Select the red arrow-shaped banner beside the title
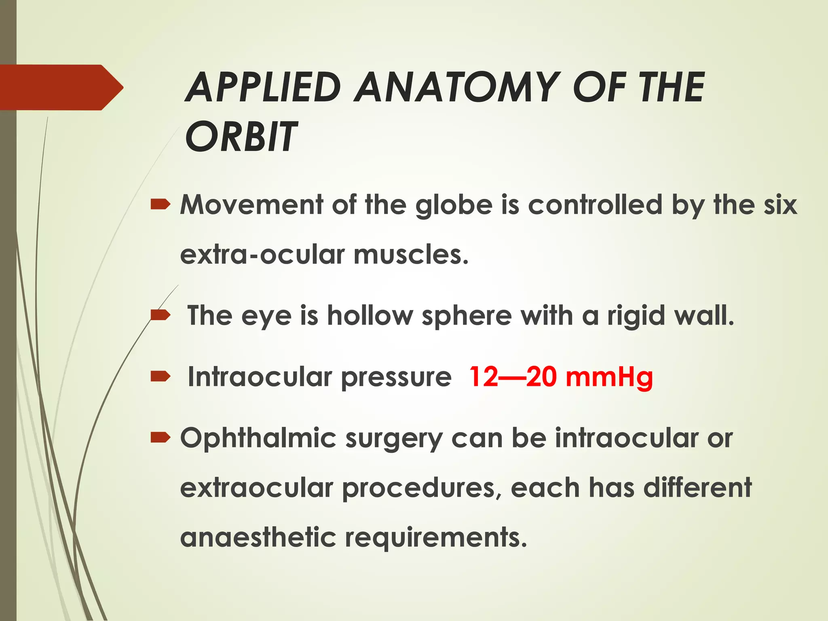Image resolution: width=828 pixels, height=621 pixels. click(61, 87)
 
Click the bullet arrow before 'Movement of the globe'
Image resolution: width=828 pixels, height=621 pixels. click(161, 205)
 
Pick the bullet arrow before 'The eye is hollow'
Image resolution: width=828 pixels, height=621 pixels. click(161, 315)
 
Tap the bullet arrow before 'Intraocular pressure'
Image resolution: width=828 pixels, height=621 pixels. click(161, 377)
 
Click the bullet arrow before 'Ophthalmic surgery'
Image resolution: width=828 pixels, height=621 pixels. click(161, 437)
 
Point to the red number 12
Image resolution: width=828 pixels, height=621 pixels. click(484, 377)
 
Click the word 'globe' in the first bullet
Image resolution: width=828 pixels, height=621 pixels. click(454, 205)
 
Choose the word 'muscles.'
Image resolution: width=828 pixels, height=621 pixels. click(411, 255)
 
